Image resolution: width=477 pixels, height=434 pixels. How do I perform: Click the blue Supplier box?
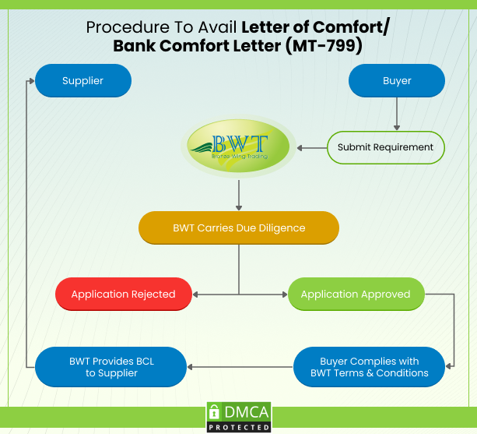82,80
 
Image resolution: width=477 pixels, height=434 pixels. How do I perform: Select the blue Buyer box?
397,80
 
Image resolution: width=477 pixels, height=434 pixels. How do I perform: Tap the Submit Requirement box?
385,147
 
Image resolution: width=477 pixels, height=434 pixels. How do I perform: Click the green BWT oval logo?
239,146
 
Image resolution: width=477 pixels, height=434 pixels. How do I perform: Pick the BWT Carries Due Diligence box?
239,228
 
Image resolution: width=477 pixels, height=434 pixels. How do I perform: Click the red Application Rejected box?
123,295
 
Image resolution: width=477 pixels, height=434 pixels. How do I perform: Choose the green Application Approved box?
356,295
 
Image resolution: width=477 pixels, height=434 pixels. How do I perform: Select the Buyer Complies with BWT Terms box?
370,367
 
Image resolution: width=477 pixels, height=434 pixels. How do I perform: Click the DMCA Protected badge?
239,417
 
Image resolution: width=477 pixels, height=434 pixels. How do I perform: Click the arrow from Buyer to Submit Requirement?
397,115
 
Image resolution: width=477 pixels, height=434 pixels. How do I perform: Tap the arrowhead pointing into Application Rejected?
195,295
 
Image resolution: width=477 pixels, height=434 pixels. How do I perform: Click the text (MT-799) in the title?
324,45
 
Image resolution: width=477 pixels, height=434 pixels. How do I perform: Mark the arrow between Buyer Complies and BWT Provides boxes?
240,367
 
